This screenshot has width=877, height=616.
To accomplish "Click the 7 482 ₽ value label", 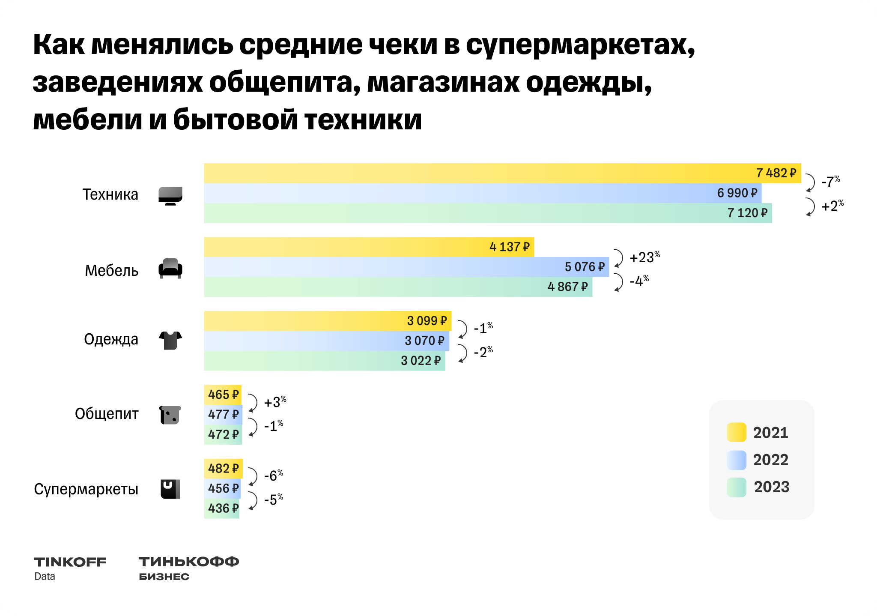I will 776,173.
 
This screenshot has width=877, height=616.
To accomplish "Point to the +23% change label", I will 644,257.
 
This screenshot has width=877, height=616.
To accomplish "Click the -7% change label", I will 830,182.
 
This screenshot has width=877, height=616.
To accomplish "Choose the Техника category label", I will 110,194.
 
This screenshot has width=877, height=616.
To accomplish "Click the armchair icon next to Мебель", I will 170,269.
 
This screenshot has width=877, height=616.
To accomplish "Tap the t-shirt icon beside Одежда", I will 170,340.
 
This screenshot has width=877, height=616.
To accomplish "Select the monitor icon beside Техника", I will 170,196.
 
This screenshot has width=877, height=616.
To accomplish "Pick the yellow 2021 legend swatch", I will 737,432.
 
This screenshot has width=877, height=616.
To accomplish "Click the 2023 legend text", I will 771,487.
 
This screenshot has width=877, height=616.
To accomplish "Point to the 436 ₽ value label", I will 223,508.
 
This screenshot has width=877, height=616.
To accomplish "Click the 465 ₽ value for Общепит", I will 223,395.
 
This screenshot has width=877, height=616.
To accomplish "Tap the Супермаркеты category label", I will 86,489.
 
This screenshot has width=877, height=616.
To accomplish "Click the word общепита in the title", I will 280,82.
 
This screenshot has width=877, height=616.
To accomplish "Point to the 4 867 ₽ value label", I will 567,287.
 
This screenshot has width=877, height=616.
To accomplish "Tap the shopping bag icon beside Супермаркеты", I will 170,489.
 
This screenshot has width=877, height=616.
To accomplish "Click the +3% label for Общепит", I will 275,402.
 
